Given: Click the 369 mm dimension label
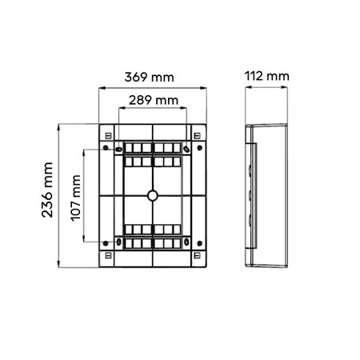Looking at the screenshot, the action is click(x=149, y=77).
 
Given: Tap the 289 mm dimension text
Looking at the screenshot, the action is click(x=154, y=100).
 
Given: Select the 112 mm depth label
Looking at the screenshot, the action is click(x=266, y=76).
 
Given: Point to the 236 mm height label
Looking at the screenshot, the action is click(x=47, y=190).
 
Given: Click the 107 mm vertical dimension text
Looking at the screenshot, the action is click(x=76, y=198).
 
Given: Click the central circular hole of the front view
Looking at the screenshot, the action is click(x=153, y=195).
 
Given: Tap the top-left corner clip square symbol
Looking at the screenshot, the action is click(x=108, y=136).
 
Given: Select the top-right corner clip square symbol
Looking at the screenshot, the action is click(x=197, y=136).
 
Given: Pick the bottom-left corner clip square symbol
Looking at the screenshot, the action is click(x=108, y=255).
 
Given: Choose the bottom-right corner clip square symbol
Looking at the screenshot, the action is click(x=197, y=255).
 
